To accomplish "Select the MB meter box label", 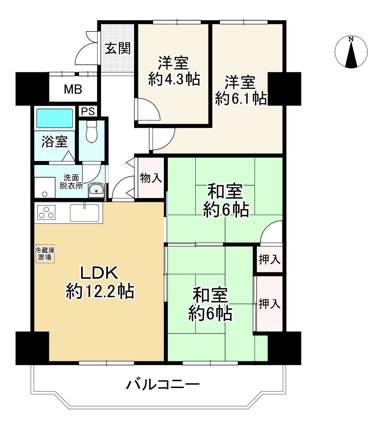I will coord(73,89).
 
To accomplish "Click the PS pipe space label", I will coord(87,111).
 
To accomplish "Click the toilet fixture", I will coord(91,131).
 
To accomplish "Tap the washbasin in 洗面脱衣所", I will coord(95,190).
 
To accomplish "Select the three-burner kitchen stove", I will coord(46,213).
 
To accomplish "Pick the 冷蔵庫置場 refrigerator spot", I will coord(45,253).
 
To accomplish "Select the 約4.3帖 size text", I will coord(174,79).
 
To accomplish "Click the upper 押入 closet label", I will coord(270,260).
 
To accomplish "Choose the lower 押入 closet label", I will coord(270,304).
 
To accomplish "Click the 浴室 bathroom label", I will coord(55,142).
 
